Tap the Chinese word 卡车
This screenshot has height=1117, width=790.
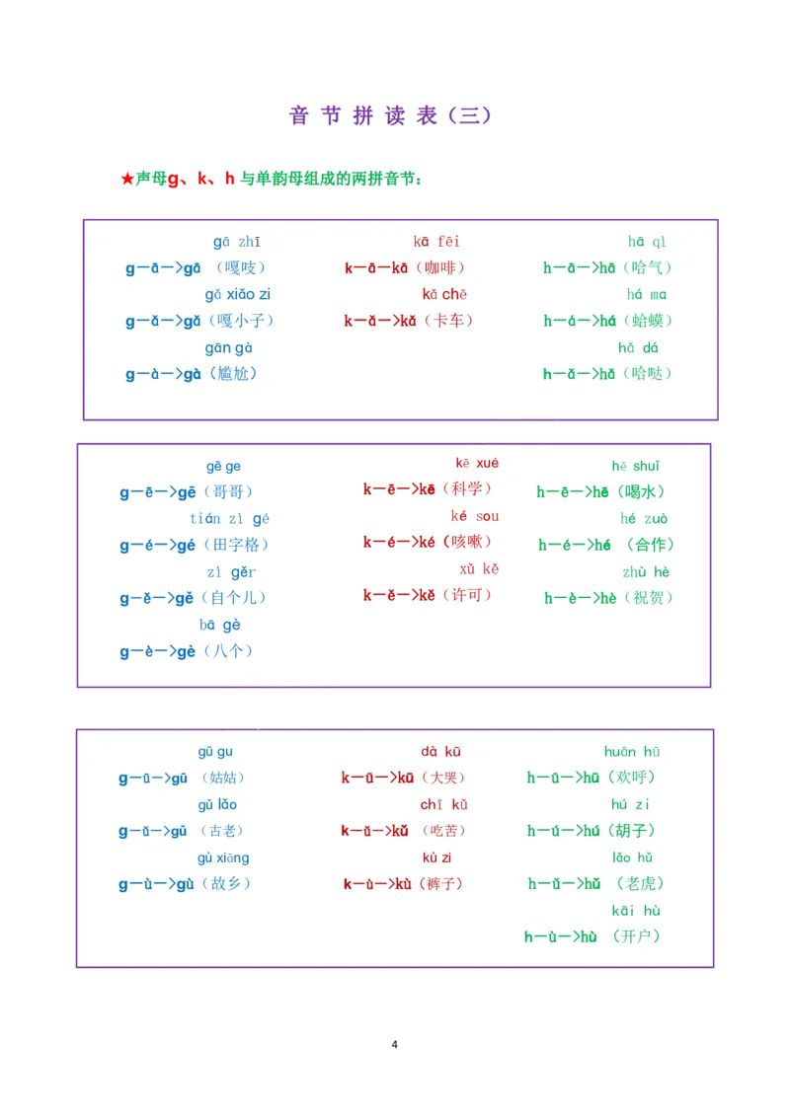(448, 321)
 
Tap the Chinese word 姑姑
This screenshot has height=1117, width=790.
(222, 778)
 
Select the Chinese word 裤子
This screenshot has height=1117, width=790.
(440, 883)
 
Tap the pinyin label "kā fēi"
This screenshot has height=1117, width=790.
(436, 242)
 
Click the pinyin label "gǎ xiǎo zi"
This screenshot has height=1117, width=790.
(238, 294)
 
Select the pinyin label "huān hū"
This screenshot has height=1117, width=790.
(632, 752)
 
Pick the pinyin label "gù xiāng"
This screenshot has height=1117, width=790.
(223, 857)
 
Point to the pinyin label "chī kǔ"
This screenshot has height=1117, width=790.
(443, 805)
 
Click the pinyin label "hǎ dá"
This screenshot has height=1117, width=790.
(638, 347)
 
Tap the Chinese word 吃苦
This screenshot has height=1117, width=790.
(443, 831)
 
